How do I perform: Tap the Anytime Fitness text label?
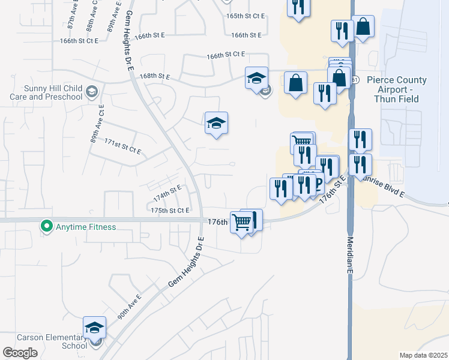tap(85, 227)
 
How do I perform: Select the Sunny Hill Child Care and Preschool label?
tap(46, 92)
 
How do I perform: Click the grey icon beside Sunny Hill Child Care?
tap(91, 92)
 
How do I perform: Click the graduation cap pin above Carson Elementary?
tap(94, 328)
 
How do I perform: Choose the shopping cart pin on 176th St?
tap(241, 222)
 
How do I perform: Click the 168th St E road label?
tap(155, 77)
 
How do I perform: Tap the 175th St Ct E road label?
tap(170, 211)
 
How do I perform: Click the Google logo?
tap(20, 353)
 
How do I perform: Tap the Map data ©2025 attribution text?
tap(423, 355)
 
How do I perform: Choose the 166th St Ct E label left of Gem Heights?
tap(79, 41)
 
